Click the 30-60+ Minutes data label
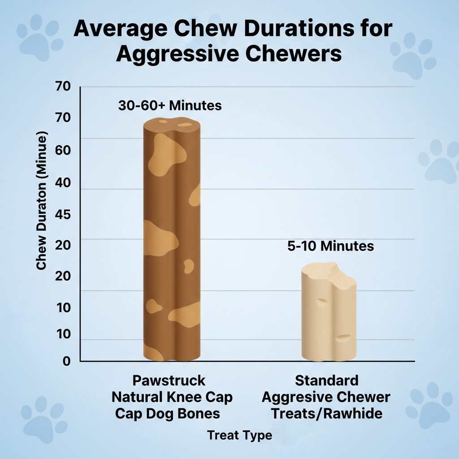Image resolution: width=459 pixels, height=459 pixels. (x=170, y=106)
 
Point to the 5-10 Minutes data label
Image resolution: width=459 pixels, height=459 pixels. (x=330, y=246)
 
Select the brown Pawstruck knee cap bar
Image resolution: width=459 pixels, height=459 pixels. (x=172, y=242)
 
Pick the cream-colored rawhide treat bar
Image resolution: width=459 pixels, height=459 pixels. (x=329, y=314)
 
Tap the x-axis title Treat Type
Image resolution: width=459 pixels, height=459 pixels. (x=240, y=435)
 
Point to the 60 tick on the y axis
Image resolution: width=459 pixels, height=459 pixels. (x=63, y=150)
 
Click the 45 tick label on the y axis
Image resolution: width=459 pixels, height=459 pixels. (x=63, y=215)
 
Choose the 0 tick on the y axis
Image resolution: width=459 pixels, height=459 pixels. (x=67, y=361)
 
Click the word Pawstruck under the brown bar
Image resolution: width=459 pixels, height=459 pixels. (x=169, y=381)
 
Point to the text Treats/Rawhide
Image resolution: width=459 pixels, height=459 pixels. (x=326, y=413)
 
